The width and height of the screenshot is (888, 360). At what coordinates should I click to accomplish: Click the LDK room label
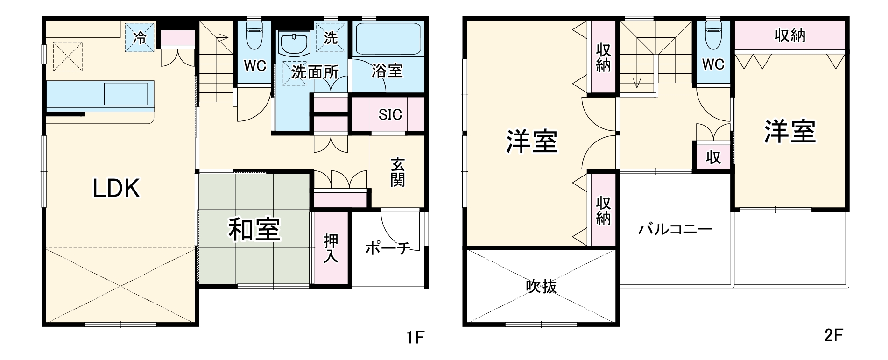116,189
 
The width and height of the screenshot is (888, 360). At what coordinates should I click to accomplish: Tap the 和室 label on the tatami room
254,230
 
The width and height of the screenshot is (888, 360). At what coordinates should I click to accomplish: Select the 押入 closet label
331,248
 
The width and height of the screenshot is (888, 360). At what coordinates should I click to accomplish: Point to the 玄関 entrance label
398,172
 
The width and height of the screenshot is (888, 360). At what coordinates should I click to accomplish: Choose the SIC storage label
390,114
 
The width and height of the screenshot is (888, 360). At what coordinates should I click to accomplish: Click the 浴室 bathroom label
387,71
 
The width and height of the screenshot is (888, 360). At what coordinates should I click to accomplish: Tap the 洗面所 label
315,72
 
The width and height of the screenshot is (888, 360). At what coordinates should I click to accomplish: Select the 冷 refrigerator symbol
139,38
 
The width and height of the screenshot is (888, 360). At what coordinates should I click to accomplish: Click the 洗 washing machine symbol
331,38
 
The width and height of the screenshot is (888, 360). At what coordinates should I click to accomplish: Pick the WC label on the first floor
255,66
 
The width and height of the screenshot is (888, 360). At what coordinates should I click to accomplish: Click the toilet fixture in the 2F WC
713,35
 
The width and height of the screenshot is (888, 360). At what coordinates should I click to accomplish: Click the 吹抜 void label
542,286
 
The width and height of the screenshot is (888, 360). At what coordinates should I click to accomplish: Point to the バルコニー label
676,229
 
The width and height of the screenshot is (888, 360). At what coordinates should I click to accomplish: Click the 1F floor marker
415,337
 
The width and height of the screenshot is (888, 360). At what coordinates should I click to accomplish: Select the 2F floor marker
833,335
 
